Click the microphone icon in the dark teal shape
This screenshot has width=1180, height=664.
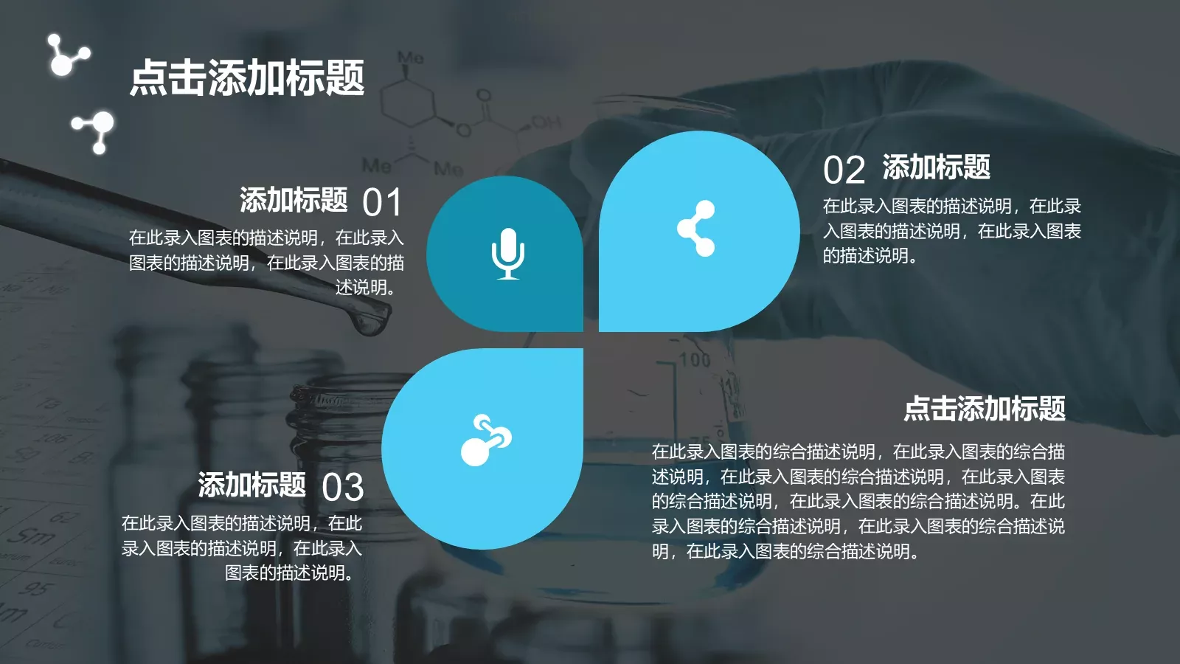[x=508, y=254]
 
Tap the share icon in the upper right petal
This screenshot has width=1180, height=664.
[x=697, y=229]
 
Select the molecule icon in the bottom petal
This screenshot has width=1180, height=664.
[x=486, y=440]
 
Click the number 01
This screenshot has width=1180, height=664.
[x=382, y=203]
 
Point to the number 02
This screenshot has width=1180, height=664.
[x=844, y=170]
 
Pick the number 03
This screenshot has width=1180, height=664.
[x=343, y=488]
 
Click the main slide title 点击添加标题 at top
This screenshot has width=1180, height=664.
[x=247, y=78]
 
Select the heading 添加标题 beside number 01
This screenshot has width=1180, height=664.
[x=294, y=200]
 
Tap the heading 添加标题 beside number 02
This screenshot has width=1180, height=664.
[x=936, y=167]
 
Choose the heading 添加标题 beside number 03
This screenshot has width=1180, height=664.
[x=251, y=485]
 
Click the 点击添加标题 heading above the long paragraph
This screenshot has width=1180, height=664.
[x=985, y=408]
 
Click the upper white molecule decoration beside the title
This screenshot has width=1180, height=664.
[x=66, y=56]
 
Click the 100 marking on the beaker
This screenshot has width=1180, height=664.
[x=695, y=360]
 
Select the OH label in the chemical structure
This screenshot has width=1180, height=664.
[x=546, y=122]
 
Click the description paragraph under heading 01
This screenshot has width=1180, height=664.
[x=266, y=262]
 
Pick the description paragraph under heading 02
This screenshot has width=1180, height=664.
[x=951, y=231]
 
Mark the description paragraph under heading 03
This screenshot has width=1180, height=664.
[x=242, y=548]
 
